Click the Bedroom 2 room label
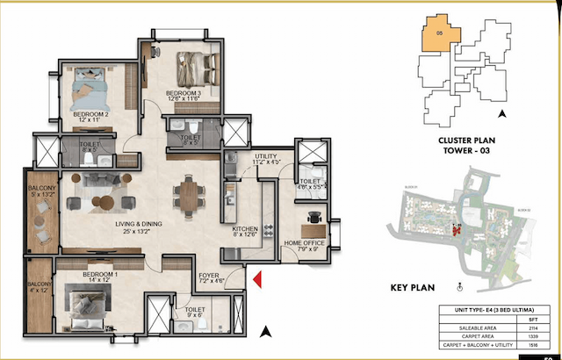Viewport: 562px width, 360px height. (x=90, y=115)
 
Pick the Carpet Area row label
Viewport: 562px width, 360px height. (x=472, y=335)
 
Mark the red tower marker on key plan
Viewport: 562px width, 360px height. (x=456, y=231)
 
